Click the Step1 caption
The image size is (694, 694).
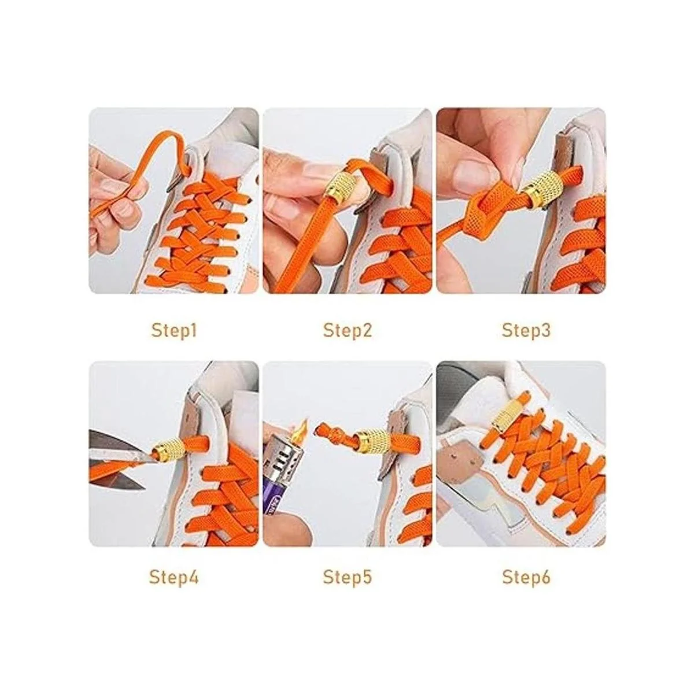click(174, 331)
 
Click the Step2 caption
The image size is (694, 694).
click(347, 331)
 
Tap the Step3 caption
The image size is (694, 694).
click(526, 331)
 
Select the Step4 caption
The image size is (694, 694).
click(174, 577)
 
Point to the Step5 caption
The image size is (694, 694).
click(347, 577)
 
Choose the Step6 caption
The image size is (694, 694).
click(526, 577)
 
